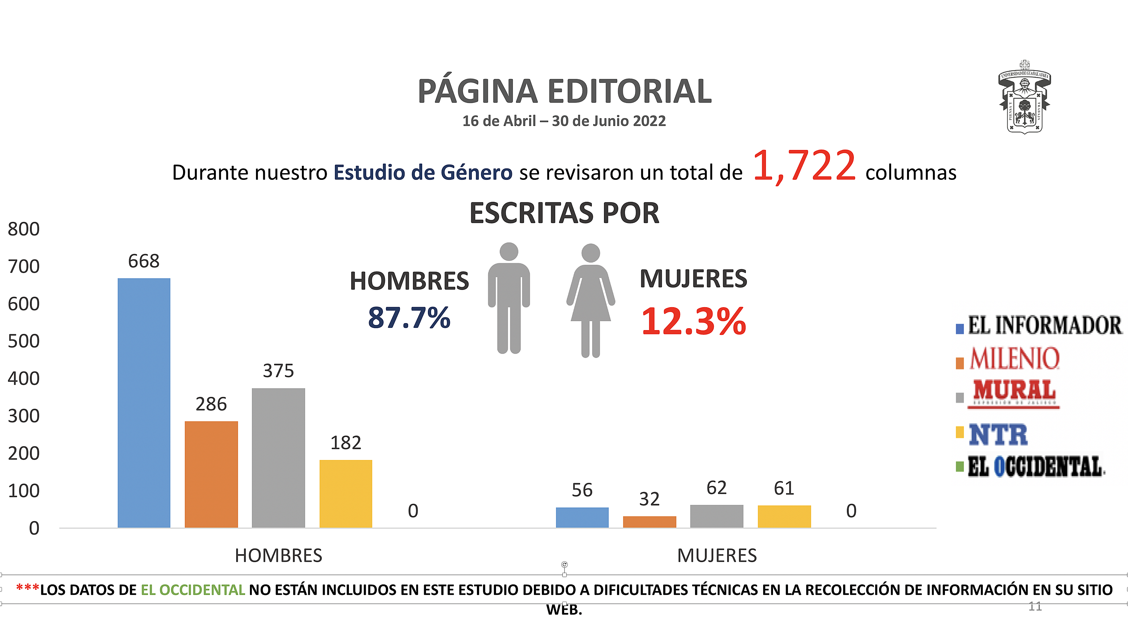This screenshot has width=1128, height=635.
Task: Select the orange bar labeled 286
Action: (x=211, y=474)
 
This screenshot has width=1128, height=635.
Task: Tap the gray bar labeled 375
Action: (x=279, y=458)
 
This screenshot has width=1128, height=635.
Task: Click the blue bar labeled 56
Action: (x=582, y=517)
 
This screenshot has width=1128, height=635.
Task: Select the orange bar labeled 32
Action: (x=649, y=522)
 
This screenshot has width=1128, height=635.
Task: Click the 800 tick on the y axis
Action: (x=24, y=229)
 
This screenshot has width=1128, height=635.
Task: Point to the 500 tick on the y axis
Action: (x=24, y=341)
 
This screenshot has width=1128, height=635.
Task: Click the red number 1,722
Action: (x=804, y=166)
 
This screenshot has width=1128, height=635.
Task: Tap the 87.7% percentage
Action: (x=409, y=318)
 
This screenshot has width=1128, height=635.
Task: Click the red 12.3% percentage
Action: (x=694, y=321)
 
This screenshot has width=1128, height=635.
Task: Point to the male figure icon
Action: (x=509, y=298)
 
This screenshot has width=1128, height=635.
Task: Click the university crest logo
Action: (x=1024, y=97)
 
